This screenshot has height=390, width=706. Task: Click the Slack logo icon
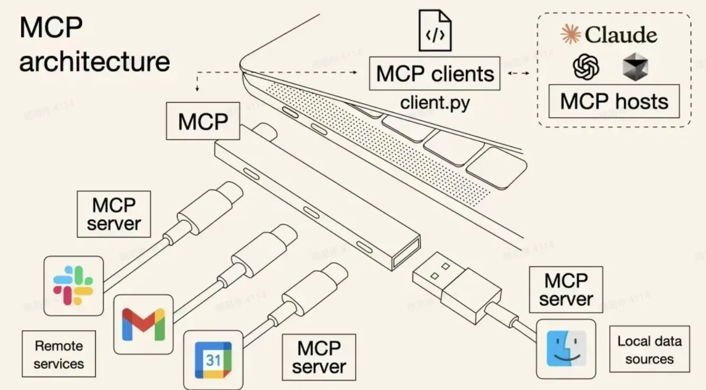(x=73, y=286)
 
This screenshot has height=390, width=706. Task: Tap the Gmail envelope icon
(x=143, y=324)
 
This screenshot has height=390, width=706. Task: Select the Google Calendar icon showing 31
(x=213, y=360)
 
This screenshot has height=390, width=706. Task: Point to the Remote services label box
(x=59, y=355)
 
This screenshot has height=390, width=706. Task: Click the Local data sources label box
(x=649, y=349)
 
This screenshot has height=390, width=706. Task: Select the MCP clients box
(x=435, y=74)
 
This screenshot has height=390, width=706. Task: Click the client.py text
(x=435, y=102)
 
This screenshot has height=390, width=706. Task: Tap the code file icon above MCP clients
(x=435, y=30)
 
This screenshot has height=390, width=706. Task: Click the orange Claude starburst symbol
(x=571, y=34)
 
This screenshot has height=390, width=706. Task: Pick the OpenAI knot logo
(x=586, y=68)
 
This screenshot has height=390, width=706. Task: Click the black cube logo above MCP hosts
(x=635, y=68)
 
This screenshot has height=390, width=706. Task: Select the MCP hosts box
(x=614, y=101)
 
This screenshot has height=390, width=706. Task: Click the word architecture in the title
(x=94, y=61)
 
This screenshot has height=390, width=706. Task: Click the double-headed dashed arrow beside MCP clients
(x=518, y=73)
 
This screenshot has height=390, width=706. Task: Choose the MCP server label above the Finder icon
(x=566, y=289)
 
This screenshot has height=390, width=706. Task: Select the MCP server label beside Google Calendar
(x=319, y=357)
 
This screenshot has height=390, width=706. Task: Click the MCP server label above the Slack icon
(x=114, y=214)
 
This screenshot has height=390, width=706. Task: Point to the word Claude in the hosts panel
(x=621, y=35)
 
